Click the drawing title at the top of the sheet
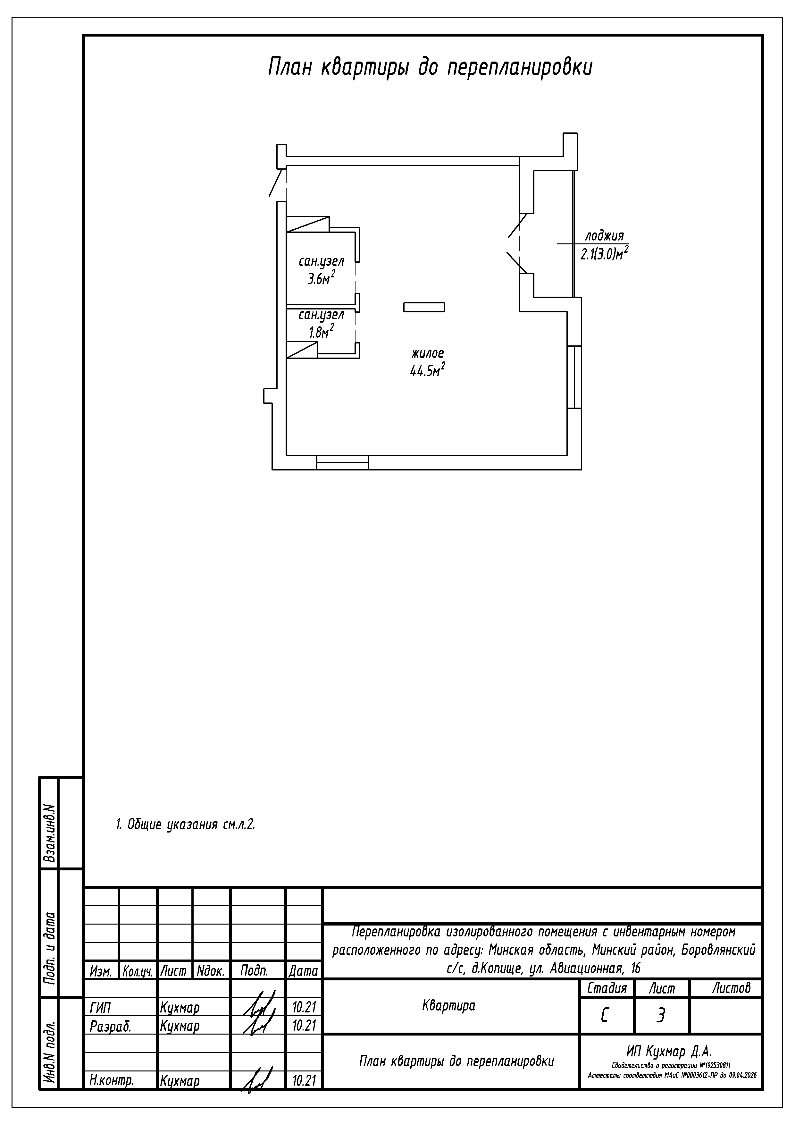click(x=430, y=67)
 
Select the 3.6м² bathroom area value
click(x=321, y=278)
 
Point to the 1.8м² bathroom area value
click(x=321, y=331)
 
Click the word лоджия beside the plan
click(x=605, y=236)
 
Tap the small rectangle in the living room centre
click(x=424, y=307)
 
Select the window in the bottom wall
click(x=342, y=462)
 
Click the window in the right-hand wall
click(x=574, y=377)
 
